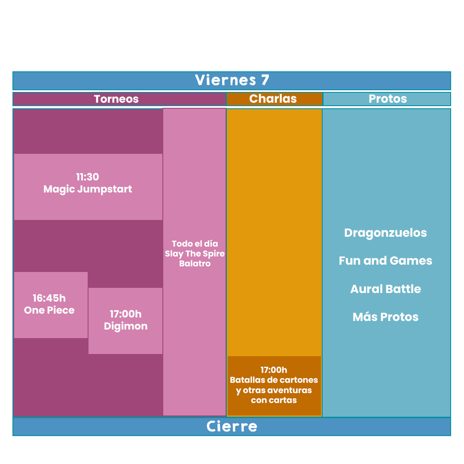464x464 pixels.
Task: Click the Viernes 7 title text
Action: (x=232, y=80)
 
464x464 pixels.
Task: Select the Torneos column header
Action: (x=116, y=99)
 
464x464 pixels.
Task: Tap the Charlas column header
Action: (x=273, y=98)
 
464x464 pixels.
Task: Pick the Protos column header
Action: (x=388, y=98)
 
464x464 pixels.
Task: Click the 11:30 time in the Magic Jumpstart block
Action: (x=88, y=177)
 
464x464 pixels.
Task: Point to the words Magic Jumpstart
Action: (x=88, y=189)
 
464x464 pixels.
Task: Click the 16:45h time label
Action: (x=49, y=298)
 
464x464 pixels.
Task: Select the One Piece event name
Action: (x=49, y=310)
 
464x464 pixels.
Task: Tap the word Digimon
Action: (x=126, y=327)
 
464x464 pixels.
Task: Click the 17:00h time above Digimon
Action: (x=126, y=314)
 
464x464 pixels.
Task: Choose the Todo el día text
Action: (x=195, y=244)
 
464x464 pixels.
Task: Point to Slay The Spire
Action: (x=195, y=253)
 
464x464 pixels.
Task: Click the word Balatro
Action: (x=195, y=263)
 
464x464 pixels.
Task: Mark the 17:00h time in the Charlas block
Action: (x=274, y=370)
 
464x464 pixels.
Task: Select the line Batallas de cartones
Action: (x=274, y=380)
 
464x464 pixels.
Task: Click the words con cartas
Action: (x=274, y=400)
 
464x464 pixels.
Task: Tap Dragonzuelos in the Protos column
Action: (x=385, y=233)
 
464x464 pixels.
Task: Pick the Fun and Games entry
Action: (x=385, y=261)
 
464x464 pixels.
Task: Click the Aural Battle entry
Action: (x=385, y=289)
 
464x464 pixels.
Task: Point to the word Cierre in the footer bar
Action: (x=232, y=427)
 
